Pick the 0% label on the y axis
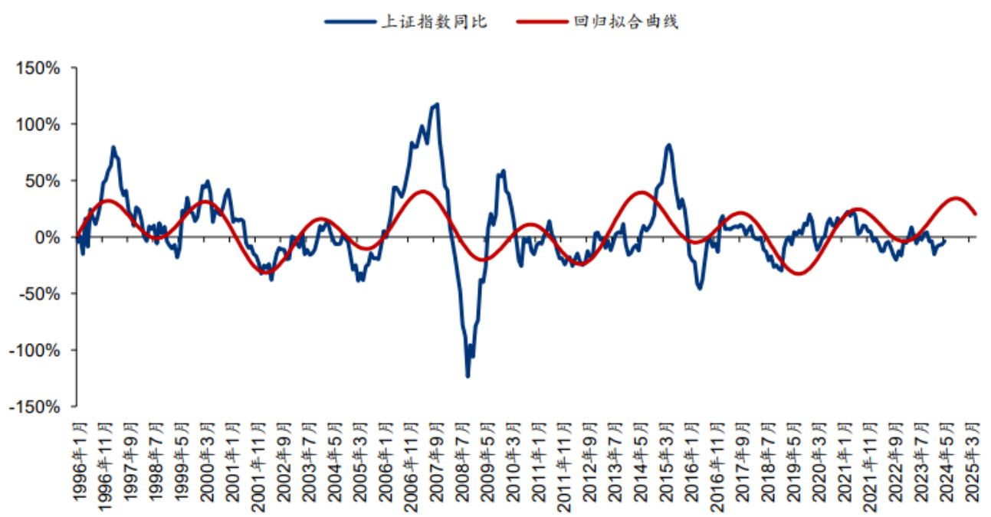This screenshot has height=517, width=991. point(47,237)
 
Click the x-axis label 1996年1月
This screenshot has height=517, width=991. point(80,460)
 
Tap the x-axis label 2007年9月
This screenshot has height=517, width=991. point(437,460)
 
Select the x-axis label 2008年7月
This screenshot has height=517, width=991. point(462,460)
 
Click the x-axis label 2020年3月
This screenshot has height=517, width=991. point(819,460)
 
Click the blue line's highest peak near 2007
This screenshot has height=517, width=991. point(437,103)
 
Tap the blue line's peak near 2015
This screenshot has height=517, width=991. point(668,144)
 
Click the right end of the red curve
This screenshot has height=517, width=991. point(975,214)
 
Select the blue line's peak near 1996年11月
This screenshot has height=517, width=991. point(113,146)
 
